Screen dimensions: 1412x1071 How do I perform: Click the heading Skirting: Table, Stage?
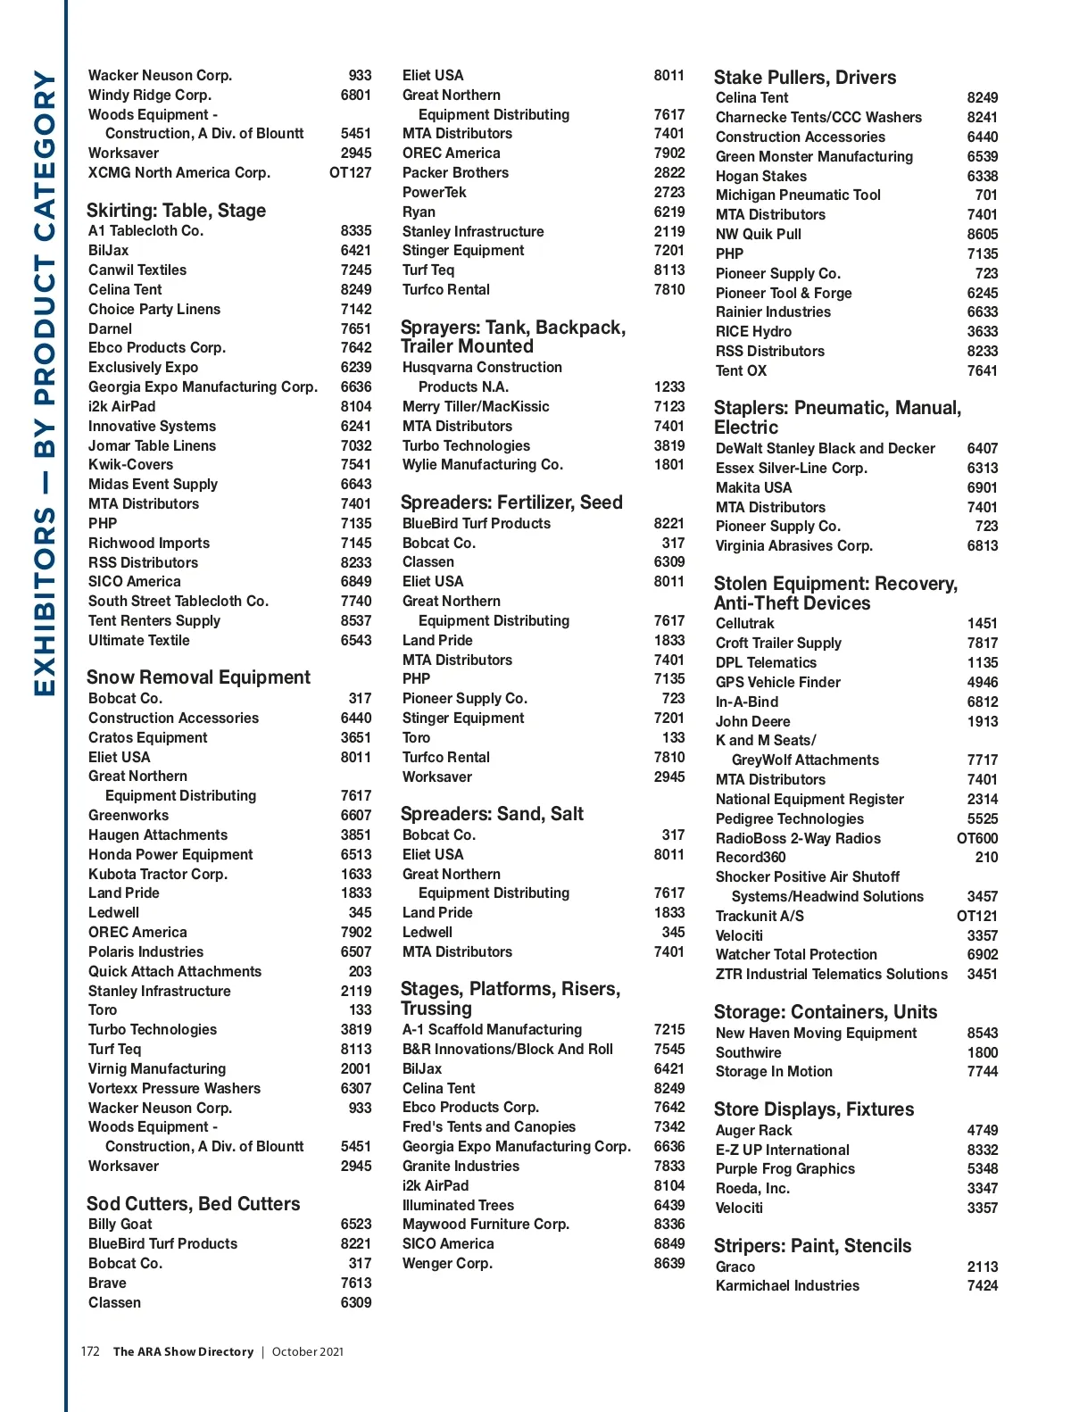click(176, 211)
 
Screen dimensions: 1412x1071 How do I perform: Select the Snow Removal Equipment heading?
click(198, 677)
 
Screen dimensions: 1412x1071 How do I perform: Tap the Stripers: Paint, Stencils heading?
click(812, 1246)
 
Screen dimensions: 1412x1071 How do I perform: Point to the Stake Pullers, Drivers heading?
click(804, 78)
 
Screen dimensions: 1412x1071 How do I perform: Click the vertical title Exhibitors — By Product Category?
click(45, 384)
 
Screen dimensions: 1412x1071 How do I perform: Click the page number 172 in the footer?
click(90, 1351)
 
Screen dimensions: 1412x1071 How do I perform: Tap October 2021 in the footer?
click(307, 1351)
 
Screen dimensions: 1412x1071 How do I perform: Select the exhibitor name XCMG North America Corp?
click(178, 172)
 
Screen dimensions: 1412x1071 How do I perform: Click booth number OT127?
click(350, 172)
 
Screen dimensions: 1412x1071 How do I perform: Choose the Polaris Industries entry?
click(145, 951)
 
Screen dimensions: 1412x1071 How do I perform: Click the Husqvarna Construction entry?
click(482, 367)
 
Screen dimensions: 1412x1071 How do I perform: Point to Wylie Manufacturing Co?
click(482, 464)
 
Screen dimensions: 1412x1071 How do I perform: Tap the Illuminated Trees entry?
click(458, 1205)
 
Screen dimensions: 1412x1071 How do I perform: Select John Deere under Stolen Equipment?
click(752, 721)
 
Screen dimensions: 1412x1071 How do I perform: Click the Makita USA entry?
click(753, 487)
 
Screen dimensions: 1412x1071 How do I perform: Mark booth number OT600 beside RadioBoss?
click(977, 838)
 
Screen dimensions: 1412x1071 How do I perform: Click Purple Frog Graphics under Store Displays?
click(785, 1168)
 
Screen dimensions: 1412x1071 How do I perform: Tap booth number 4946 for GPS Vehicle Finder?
click(982, 682)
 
